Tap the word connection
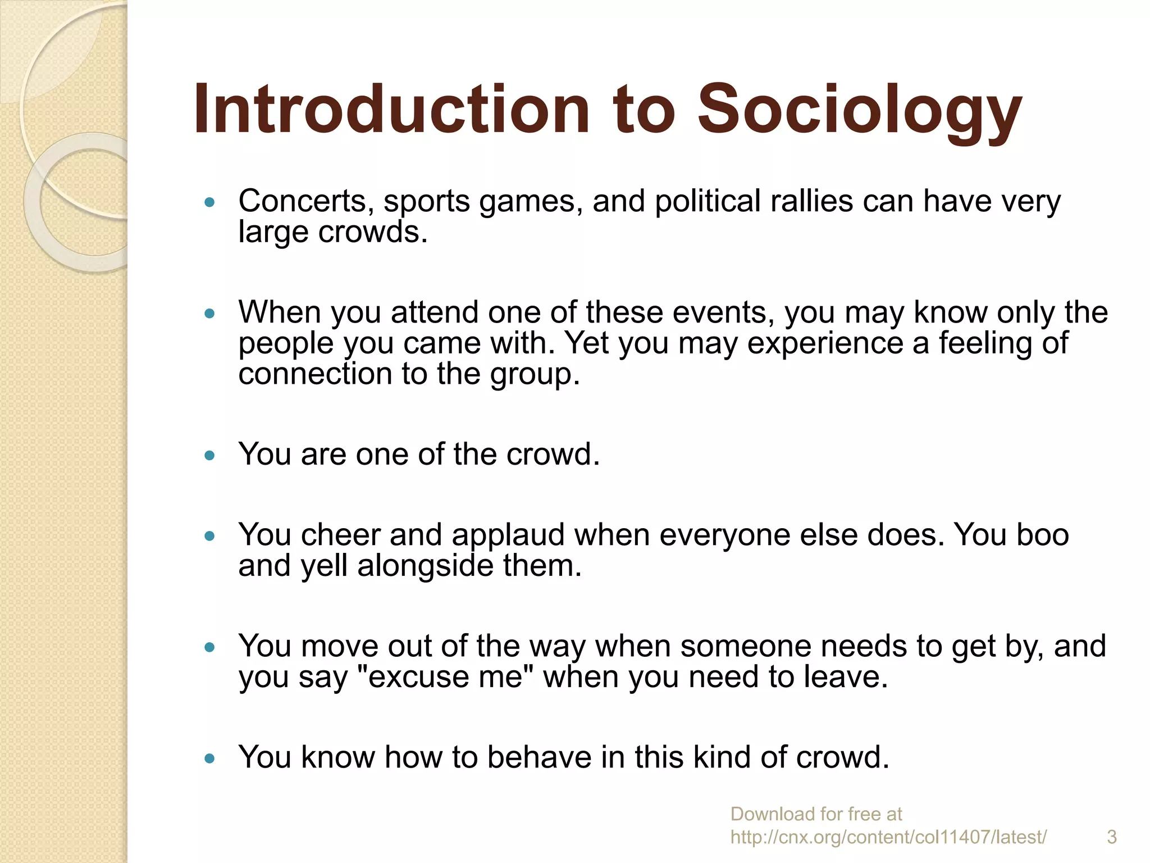315,374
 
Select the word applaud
508,534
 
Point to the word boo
1042,534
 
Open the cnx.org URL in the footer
888,837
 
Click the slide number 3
1112,837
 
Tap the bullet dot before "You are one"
210,455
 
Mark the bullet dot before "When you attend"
210,313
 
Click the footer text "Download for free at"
816,814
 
